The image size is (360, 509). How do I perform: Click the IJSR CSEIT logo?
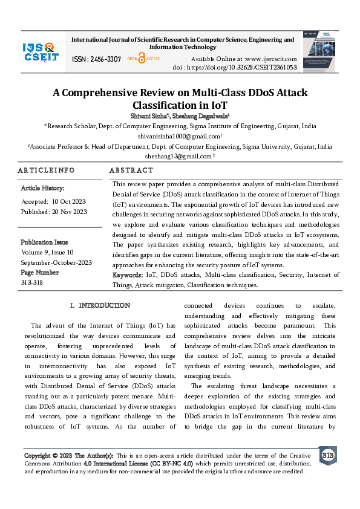point(41,52)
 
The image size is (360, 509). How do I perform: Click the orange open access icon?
point(141,59)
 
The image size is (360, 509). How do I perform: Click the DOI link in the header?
point(235,67)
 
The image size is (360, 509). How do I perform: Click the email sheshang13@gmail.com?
point(178,156)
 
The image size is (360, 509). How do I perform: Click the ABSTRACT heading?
point(131,170)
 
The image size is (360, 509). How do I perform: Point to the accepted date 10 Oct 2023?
point(69,201)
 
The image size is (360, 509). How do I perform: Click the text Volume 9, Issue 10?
point(47,252)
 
